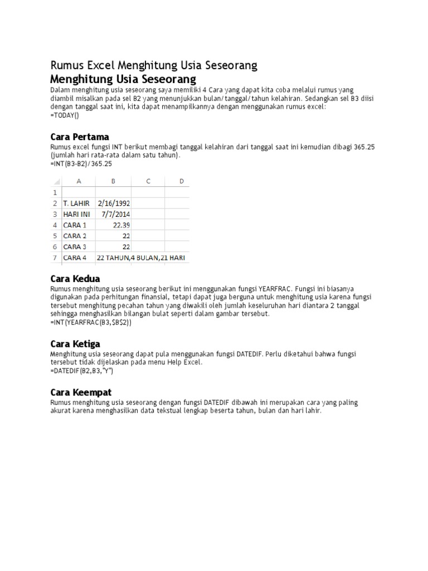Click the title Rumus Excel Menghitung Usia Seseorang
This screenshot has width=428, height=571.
pyautogui.click(x=154, y=65)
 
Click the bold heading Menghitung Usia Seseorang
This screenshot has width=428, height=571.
pyautogui.click(x=123, y=78)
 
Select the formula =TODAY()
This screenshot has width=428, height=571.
pyautogui.click(x=65, y=115)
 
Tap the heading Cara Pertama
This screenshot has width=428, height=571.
pyautogui.click(x=80, y=137)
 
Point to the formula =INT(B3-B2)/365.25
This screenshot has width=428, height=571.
pyautogui.click(x=81, y=164)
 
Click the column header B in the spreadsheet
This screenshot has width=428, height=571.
pyautogui.click(x=113, y=181)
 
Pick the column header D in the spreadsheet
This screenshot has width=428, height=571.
pyautogui.click(x=182, y=181)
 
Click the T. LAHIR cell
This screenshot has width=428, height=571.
pyautogui.click(x=76, y=203)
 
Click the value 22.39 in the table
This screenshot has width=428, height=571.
pyautogui.click(x=121, y=225)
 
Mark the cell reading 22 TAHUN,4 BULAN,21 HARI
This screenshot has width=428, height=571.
pyautogui.click(x=141, y=258)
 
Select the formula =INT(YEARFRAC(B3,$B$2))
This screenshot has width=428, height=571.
pyautogui.click(x=91, y=322)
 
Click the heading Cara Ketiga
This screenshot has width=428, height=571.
pyautogui.click(x=75, y=343)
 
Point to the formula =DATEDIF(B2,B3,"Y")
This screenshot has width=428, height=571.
pyautogui.click(x=81, y=370)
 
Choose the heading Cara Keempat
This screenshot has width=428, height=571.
pyautogui.click(x=81, y=392)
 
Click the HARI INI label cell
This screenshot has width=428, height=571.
pyautogui.click(x=76, y=214)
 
